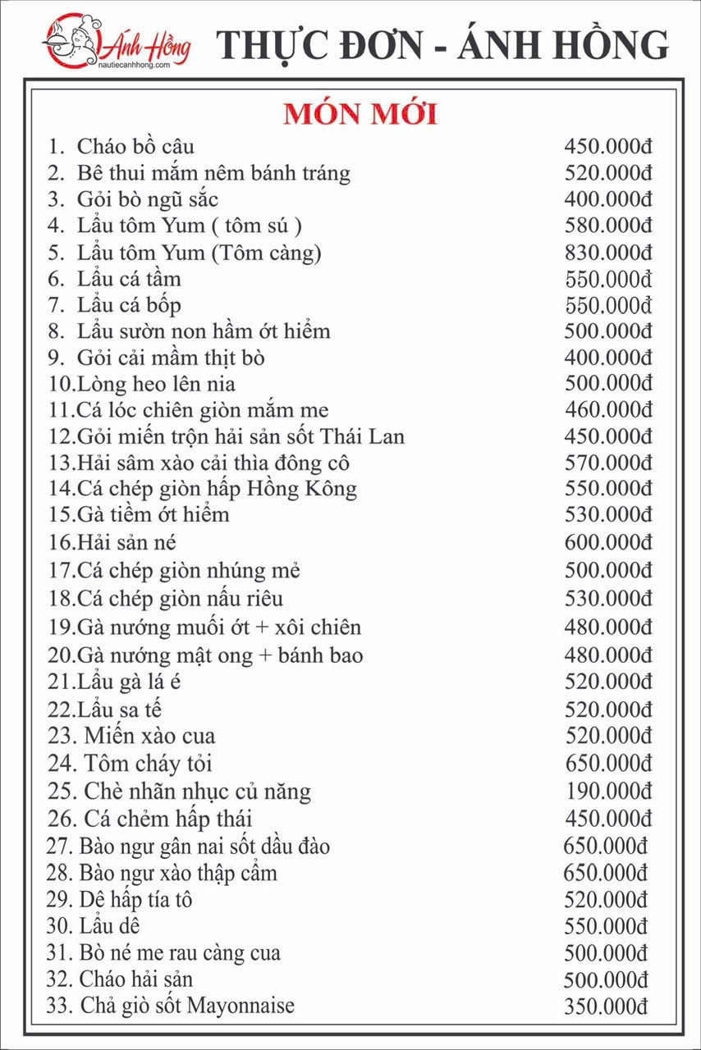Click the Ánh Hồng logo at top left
point(116,42)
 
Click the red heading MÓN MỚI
point(360,114)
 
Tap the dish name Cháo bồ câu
point(135,148)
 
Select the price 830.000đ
point(608,253)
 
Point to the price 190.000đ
point(608,792)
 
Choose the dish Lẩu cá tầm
point(129,279)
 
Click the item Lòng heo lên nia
point(156,384)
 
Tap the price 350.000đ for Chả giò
point(607,1007)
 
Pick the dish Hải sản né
point(126,542)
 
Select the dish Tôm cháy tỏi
point(148,764)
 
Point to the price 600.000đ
point(608,542)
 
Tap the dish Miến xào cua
point(149,737)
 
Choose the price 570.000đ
point(608,463)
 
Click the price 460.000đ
point(608,410)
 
